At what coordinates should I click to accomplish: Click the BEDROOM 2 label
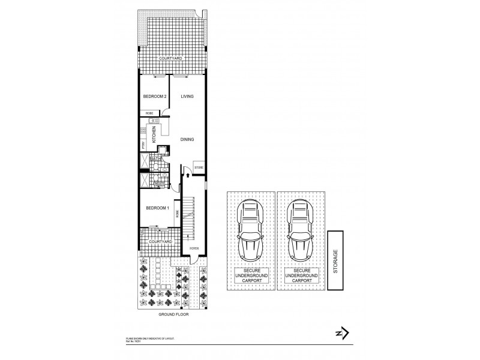154,97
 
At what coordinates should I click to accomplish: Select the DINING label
188,139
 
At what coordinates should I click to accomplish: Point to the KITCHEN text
154,133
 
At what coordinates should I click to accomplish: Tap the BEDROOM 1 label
157,208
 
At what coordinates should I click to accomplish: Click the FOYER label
194,248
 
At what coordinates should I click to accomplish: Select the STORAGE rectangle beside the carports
335,261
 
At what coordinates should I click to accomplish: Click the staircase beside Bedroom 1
191,219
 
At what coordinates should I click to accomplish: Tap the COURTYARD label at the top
170,59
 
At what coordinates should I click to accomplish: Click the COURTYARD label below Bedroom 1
161,241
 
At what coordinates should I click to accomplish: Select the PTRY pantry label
143,145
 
